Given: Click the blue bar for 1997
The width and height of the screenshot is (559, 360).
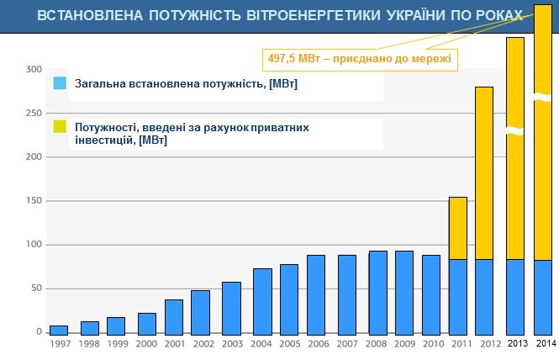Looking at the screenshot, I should [59, 330].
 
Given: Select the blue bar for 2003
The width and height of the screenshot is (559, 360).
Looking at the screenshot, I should [232, 307].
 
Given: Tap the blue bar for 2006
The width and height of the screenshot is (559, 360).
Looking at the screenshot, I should [316, 294].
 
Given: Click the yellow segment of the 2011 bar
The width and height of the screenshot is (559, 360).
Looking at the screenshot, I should [457, 228].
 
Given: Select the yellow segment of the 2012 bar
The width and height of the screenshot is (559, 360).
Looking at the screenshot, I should [484, 172].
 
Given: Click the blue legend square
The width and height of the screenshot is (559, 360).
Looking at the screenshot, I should [60, 84].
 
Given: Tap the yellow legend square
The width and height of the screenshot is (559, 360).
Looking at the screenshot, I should [60, 127].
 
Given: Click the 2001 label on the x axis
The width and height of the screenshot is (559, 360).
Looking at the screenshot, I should [174, 343].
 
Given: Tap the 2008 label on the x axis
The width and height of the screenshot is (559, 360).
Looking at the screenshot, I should [377, 343].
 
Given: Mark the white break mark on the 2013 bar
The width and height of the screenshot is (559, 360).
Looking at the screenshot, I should [515, 131].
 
